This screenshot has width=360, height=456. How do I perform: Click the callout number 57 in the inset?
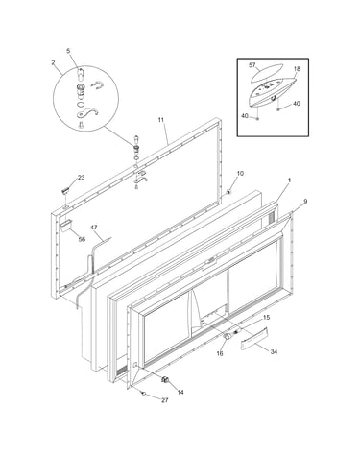(x=252, y=65)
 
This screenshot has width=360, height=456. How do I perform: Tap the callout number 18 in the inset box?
(x=297, y=69)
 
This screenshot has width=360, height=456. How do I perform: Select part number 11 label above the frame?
(x=160, y=120)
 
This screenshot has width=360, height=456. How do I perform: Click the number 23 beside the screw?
(x=82, y=178)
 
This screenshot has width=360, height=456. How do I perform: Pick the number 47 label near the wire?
(x=94, y=228)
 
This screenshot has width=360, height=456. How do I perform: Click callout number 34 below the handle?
(x=274, y=352)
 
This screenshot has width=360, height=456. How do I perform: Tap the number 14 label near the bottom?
(x=180, y=392)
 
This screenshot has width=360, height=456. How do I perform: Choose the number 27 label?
(x=164, y=400)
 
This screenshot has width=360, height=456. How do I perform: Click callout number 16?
(x=220, y=353)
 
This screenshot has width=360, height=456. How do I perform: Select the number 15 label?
(x=266, y=318)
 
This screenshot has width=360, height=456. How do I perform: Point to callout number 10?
(x=240, y=173)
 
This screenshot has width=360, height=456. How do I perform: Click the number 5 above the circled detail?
(x=68, y=51)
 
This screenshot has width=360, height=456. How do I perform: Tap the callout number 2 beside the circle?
(x=53, y=62)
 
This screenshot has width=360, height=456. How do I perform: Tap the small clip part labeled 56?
(x=65, y=226)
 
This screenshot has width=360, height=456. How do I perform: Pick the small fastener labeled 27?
(x=144, y=393)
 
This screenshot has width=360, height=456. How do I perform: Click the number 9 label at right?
(x=305, y=202)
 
